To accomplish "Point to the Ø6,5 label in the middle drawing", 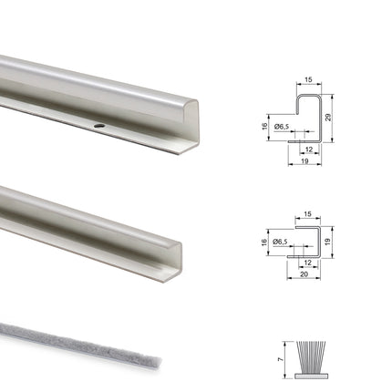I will tap(282, 242).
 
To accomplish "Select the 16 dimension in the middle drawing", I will tap(263, 243).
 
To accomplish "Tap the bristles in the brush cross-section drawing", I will tap(311, 355).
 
